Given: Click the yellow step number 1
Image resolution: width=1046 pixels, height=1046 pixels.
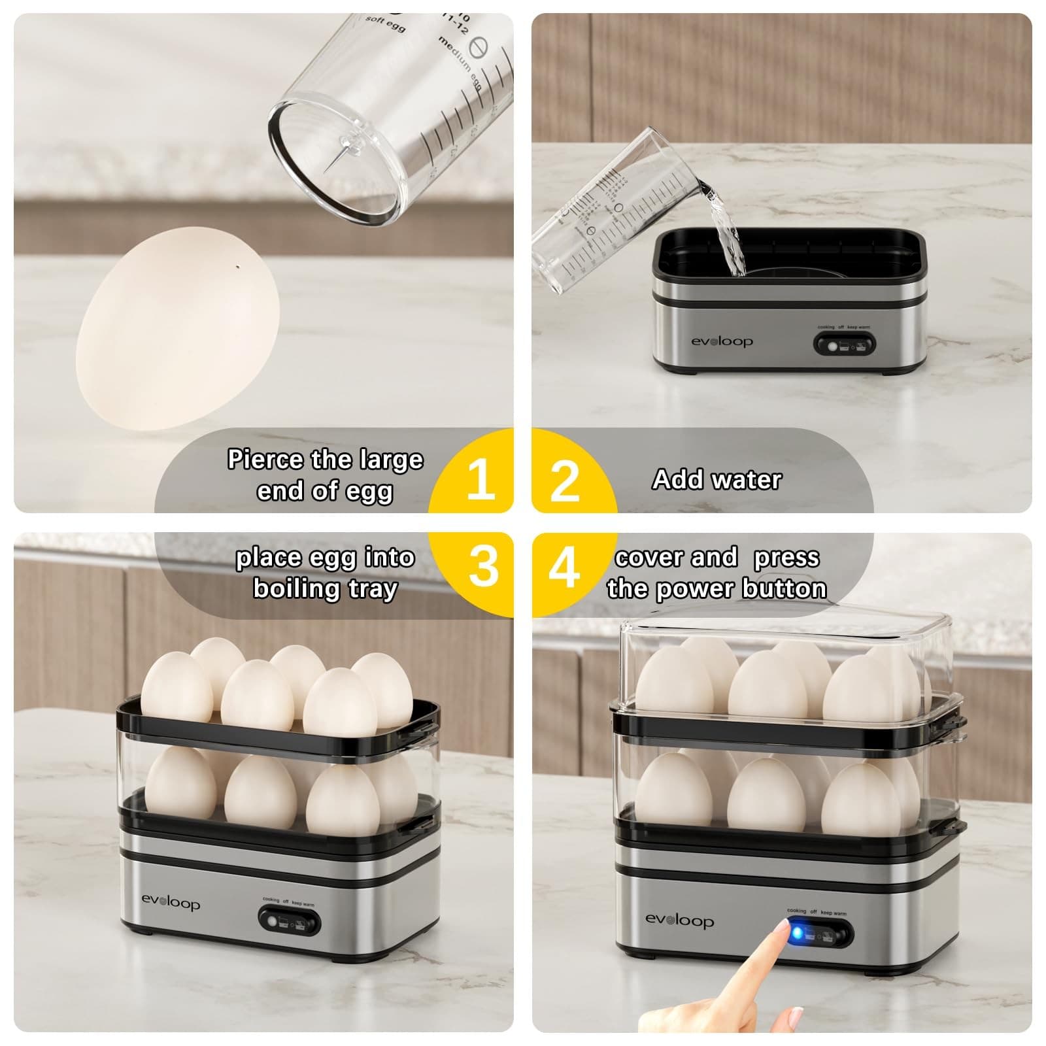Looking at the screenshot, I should point(481,480).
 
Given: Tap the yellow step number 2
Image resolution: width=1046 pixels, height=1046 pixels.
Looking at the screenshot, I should point(564,481).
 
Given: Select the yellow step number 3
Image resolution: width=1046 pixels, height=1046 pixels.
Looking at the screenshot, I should point(483,566).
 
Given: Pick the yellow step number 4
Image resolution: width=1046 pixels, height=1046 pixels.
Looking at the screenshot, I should point(564,567).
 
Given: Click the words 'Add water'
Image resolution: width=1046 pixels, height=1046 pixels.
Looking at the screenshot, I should point(717,480).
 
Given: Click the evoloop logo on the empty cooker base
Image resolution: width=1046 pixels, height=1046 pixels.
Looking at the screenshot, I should point(722,341).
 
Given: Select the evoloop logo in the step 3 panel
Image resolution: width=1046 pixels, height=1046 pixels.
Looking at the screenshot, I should point(171,903).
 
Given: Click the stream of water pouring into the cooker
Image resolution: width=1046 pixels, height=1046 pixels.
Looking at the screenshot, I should point(726,229).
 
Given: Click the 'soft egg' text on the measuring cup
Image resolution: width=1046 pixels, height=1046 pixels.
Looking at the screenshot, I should point(385,23).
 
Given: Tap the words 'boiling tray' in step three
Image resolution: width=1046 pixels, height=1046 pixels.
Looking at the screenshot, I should point(325,588).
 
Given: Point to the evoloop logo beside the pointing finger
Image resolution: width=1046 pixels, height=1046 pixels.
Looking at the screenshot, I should point(679,920).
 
